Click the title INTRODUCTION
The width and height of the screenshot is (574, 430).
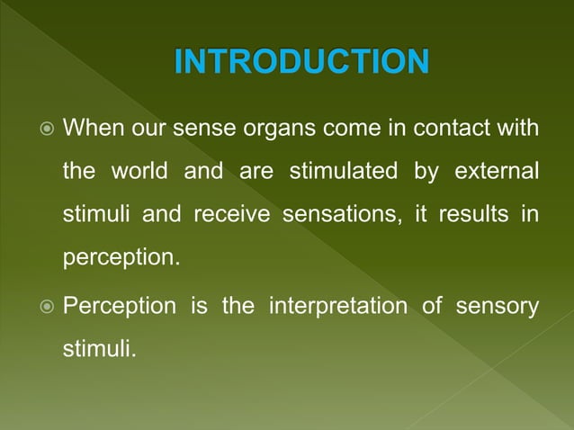(300, 63)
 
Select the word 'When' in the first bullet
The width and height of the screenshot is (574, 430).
(93, 128)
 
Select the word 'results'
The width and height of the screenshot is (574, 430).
(475, 216)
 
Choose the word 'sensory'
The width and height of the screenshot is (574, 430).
(498, 307)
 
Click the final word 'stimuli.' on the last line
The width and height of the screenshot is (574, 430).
(99, 349)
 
